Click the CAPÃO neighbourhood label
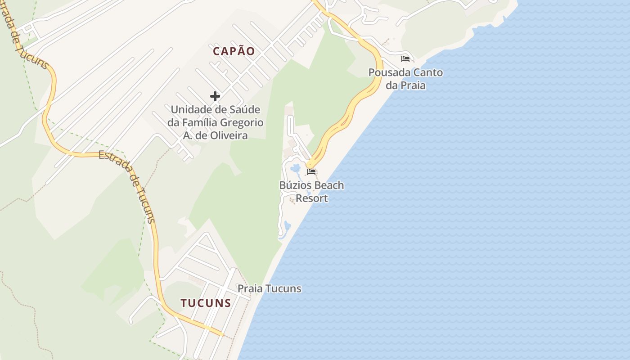(234, 51)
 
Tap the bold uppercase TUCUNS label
(206, 303)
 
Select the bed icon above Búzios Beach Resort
(311, 171)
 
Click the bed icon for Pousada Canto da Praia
(405, 58)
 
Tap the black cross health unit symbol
(215, 96)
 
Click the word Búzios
(295, 185)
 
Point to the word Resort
(312, 198)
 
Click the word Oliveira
(229, 135)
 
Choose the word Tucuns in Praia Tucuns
(283, 288)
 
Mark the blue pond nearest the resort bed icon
(296, 169)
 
